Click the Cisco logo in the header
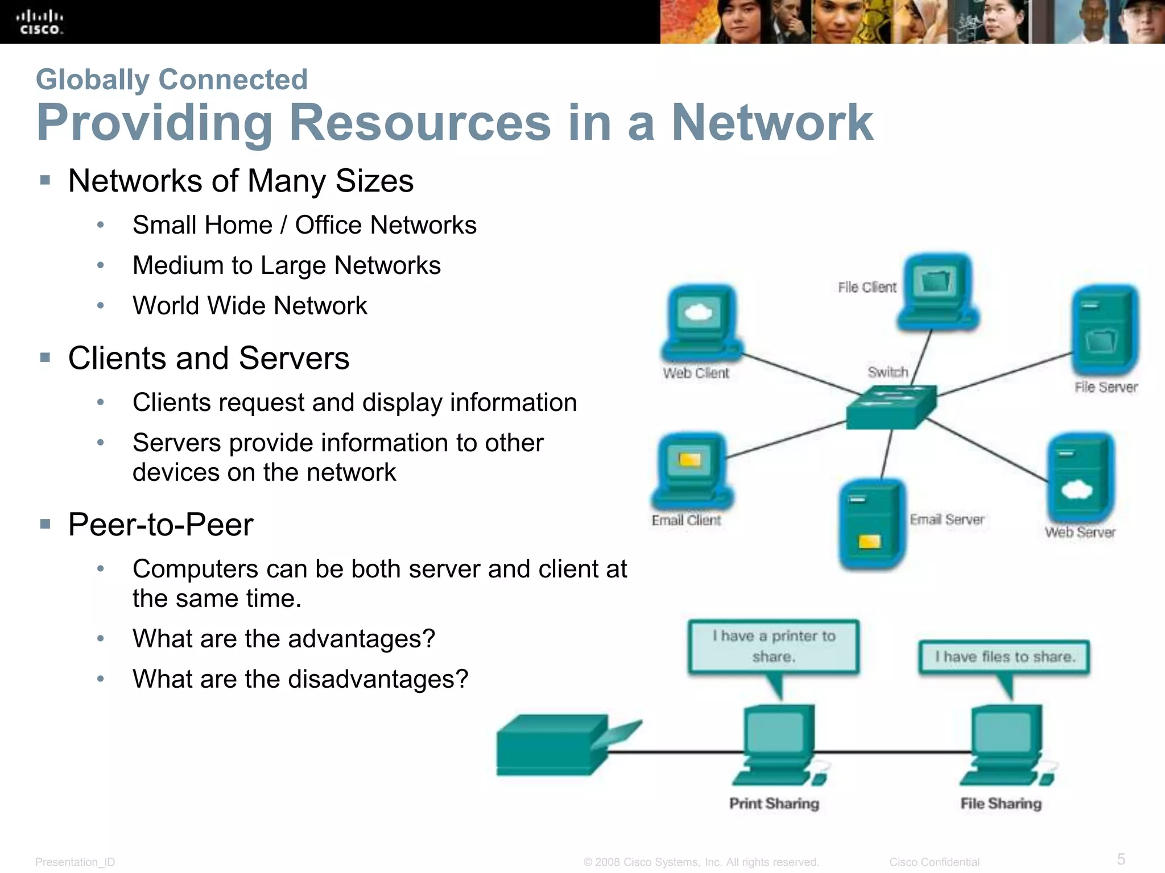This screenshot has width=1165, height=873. [39, 22]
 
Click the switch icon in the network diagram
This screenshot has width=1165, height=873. [890, 406]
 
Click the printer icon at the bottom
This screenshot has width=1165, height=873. [563, 745]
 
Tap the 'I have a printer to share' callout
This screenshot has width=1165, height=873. [774, 646]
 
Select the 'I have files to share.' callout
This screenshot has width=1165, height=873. [1005, 657]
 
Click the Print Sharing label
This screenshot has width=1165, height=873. [774, 804]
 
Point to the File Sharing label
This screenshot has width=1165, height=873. [1001, 804]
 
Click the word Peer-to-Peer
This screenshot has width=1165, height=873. [160, 524]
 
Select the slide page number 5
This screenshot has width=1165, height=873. [1121, 859]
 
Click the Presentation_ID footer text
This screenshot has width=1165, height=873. [75, 862]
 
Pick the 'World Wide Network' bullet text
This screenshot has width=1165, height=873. [250, 306]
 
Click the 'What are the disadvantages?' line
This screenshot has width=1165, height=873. [300, 679]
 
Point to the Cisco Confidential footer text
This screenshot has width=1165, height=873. [934, 862]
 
